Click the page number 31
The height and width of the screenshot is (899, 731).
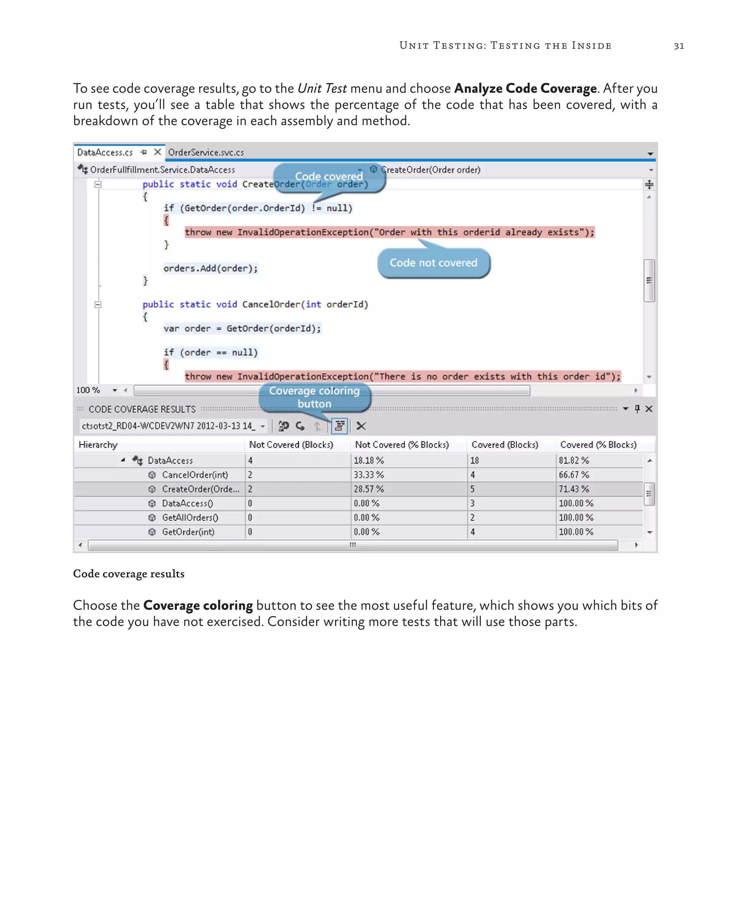point(679,46)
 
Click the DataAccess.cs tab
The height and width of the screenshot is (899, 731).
point(105,152)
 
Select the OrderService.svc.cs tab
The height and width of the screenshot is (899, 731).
point(206,152)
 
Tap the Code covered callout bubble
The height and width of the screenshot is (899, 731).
point(329,177)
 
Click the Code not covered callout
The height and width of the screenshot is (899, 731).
point(433,263)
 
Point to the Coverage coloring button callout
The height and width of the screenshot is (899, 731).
point(314,397)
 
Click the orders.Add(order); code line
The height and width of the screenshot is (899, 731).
point(210,268)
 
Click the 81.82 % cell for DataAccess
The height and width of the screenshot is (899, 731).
point(574,461)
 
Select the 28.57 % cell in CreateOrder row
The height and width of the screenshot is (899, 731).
point(368,489)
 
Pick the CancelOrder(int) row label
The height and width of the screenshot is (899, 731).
point(195,475)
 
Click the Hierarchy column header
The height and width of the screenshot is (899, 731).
point(98,445)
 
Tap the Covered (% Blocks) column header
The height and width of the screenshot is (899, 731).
point(598,445)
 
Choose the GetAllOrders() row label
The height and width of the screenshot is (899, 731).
point(190,518)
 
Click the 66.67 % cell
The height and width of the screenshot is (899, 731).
point(574,475)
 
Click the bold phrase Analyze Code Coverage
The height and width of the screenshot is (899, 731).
point(525,88)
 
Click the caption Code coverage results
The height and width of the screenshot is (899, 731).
point(129,574)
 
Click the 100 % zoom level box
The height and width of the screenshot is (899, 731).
point(89,390)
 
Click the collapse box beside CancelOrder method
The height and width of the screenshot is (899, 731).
point(98,304)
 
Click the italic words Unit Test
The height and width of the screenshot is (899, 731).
point(322,88)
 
